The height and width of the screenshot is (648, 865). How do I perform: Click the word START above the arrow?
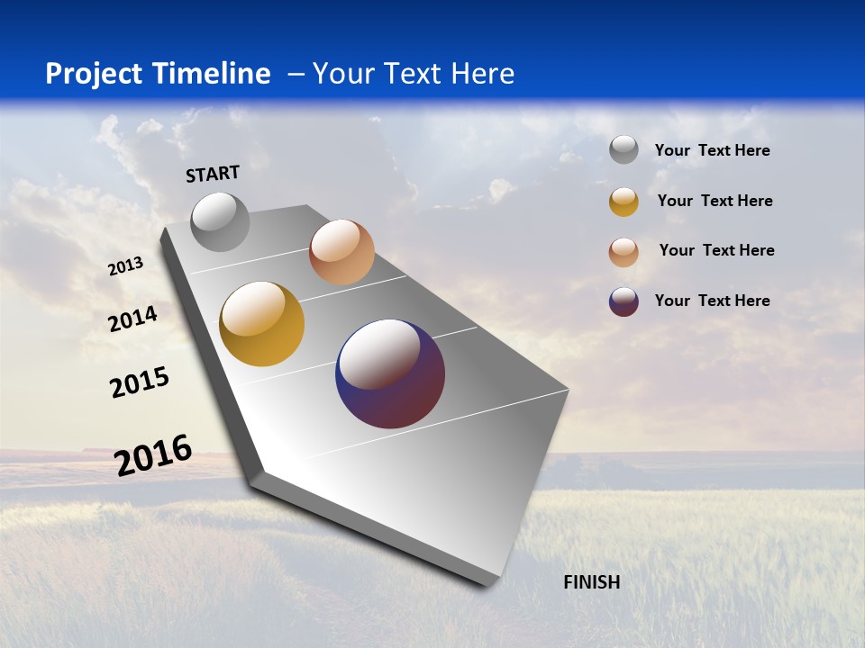[x=213, y=174]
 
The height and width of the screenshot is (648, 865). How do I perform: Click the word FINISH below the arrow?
[x=592, y=582]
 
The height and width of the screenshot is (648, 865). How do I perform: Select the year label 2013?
[x=126, y=265]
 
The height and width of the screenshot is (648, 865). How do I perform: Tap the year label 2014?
[x=133, y=319]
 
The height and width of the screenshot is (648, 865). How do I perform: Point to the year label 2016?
[x=154, y=455]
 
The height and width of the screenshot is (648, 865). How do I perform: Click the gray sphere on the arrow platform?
[x=221, y=221]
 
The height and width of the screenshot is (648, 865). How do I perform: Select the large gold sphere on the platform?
[x=262, y=324]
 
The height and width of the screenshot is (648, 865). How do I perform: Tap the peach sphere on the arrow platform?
[x=341, y=252]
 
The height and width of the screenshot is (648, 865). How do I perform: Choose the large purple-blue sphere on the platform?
[x=390, y=373]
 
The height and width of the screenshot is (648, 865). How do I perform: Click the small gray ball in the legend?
[x=624, y=150]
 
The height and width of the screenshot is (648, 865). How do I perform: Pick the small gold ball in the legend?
[x=624, y=202]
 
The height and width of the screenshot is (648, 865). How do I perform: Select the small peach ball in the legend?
[x=624, y=252]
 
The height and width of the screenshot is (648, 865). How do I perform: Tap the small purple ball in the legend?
[x=624, y=301]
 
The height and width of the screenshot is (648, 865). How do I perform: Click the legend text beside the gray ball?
[x=712, y=151]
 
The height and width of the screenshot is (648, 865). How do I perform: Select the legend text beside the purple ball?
[x=712, y=301]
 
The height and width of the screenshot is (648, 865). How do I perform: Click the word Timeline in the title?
[x=214, y=74]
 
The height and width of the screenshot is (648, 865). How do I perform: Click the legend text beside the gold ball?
[x=715, y=201]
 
